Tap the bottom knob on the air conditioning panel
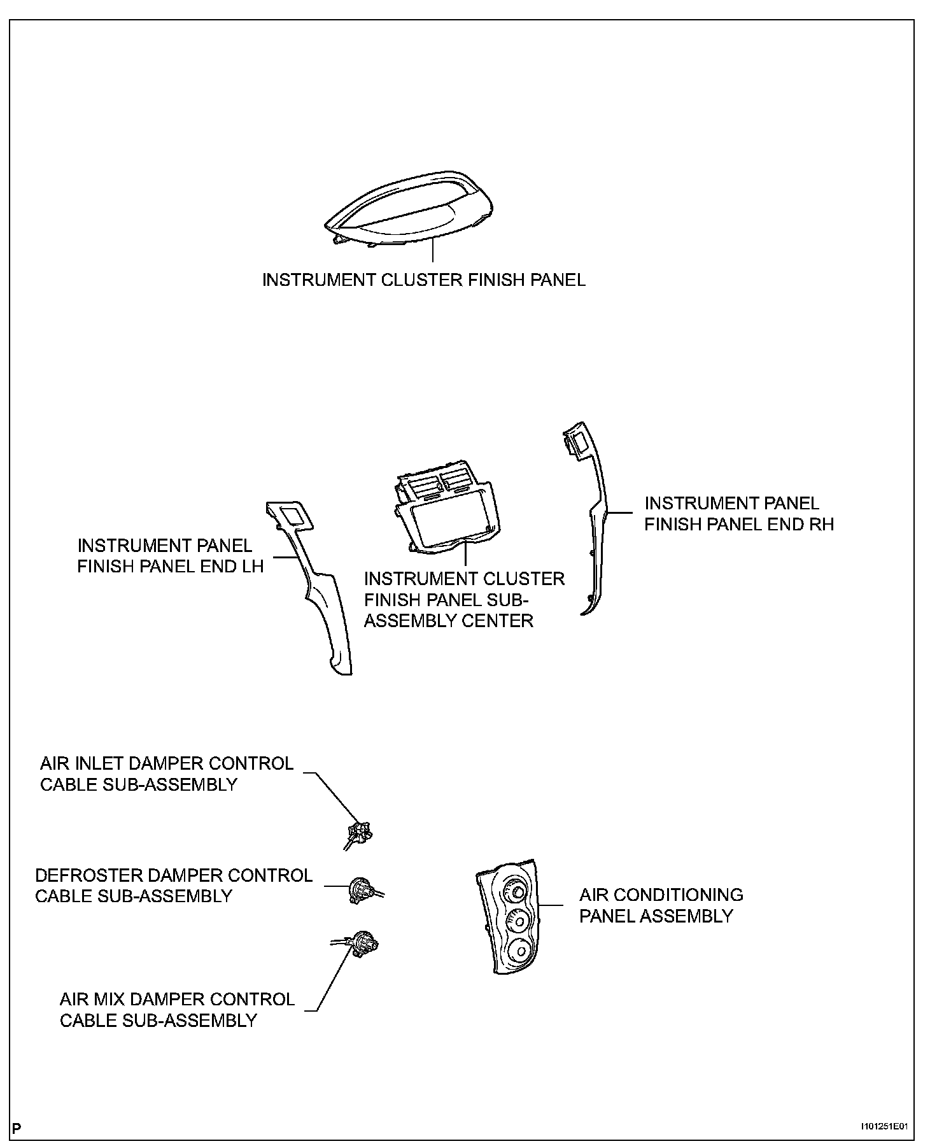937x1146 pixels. coord(518,952)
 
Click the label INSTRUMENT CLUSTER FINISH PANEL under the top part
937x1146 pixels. coord(424,280)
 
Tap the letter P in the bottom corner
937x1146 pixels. coord(17,1128)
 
